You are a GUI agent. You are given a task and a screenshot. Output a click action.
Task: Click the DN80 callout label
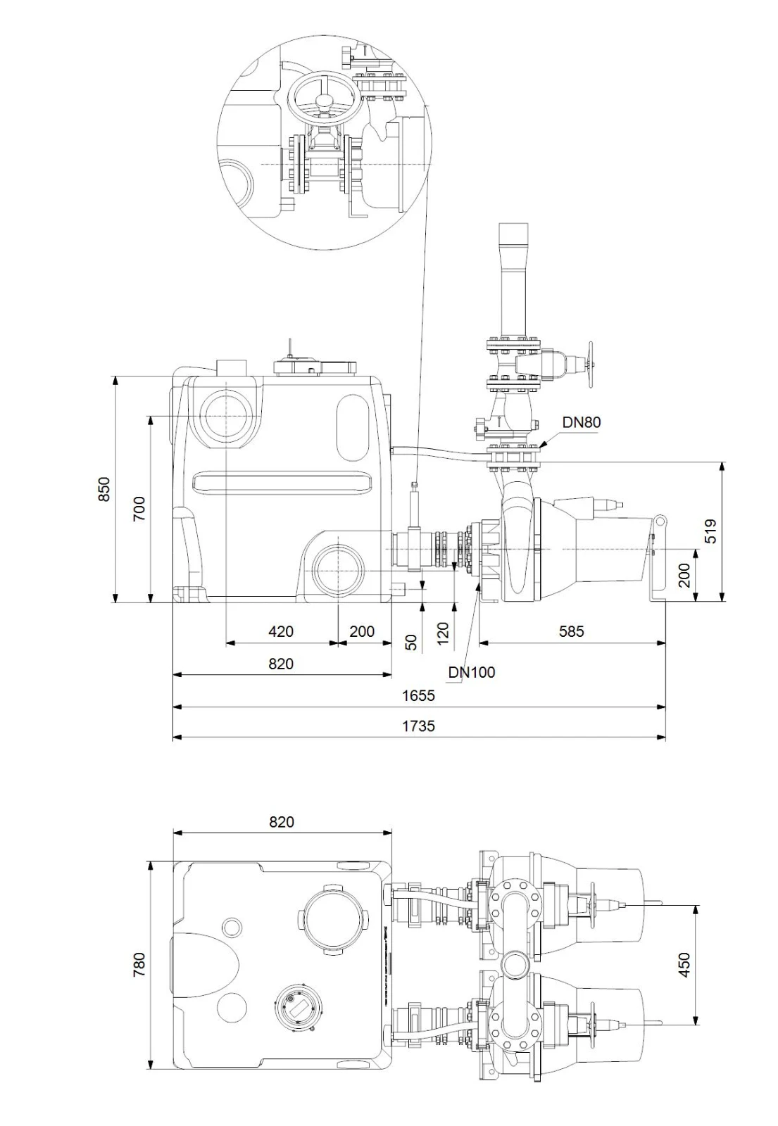pyautogui.click(x=581, y=422)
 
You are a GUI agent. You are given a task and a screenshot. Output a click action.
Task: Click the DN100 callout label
pyautogui.click(x=471, y=672)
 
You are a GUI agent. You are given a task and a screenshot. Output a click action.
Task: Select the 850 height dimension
pyautogui.click(x=103, y=489)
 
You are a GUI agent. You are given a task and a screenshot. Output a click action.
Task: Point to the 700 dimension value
pyautogui.click(x=139, y=509)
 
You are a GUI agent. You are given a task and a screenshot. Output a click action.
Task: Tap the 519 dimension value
pyautogui.click(x=710, y=531)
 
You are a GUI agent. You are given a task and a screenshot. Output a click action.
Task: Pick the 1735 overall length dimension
pyautogui.click(x=418, y=726)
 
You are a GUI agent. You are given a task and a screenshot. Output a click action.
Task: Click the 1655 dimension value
pyautogui.click(x=418, y=696)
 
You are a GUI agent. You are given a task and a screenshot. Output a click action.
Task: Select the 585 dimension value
pyautogui.click(x=571, y=631)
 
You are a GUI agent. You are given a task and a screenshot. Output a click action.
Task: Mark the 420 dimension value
pyautogui.click(x=281, y=631)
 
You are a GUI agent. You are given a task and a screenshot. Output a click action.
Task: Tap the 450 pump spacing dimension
pyautogui.click(x=684, y=965)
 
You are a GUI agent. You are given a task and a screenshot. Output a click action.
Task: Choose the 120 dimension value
pyautogui.click(x=443, y=633)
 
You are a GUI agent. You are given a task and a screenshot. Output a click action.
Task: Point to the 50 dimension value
pyautogui.click(x=411, y=643)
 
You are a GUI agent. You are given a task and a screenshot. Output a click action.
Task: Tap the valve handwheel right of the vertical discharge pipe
pyautogui.click(x=590, y=365)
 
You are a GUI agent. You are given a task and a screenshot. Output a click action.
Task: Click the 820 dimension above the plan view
pyautogui.click(x=281, y=822)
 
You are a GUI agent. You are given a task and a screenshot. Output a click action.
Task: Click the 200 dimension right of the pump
pyautogui.click(x=684, y=575)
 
